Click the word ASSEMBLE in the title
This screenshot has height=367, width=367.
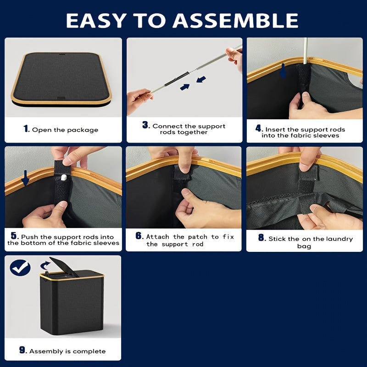click(238, 21)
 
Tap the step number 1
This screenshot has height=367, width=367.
click(27, 129)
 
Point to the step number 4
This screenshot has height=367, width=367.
click(259, 128)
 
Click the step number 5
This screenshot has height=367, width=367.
click(14, 236)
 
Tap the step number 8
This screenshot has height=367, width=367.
click(261, 238)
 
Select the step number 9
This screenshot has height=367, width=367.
click(23, 350)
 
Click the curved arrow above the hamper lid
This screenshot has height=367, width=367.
click(45, 265)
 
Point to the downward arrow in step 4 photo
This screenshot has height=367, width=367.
click(283, 71)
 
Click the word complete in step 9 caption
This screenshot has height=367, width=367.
click(91, 351)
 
